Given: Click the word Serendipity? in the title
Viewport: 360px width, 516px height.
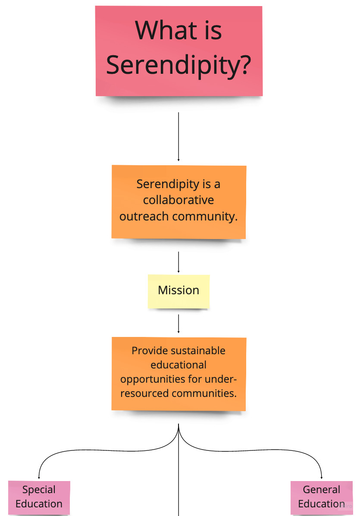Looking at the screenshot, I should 178,65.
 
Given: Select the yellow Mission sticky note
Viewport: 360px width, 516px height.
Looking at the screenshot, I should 178,291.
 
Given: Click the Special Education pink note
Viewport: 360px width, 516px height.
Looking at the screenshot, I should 39,497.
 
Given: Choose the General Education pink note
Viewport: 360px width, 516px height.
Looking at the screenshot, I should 322,497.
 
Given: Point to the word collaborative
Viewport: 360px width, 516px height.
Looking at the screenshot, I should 178,200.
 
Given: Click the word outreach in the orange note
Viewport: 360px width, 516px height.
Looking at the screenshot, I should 144,216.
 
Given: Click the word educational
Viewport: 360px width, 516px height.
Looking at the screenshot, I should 178,365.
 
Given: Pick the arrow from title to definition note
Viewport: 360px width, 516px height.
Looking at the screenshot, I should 178,136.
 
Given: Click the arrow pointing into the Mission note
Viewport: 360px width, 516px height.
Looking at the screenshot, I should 178,262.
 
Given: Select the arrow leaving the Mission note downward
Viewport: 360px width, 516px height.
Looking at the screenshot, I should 178,324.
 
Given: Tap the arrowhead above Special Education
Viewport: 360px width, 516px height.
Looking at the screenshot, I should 39,477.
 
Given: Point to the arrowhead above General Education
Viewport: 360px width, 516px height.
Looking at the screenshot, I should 322,477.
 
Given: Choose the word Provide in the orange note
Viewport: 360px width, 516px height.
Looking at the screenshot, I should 149,351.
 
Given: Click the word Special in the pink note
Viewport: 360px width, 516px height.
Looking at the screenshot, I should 39,490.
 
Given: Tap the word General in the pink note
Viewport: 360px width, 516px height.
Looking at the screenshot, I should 322,490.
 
